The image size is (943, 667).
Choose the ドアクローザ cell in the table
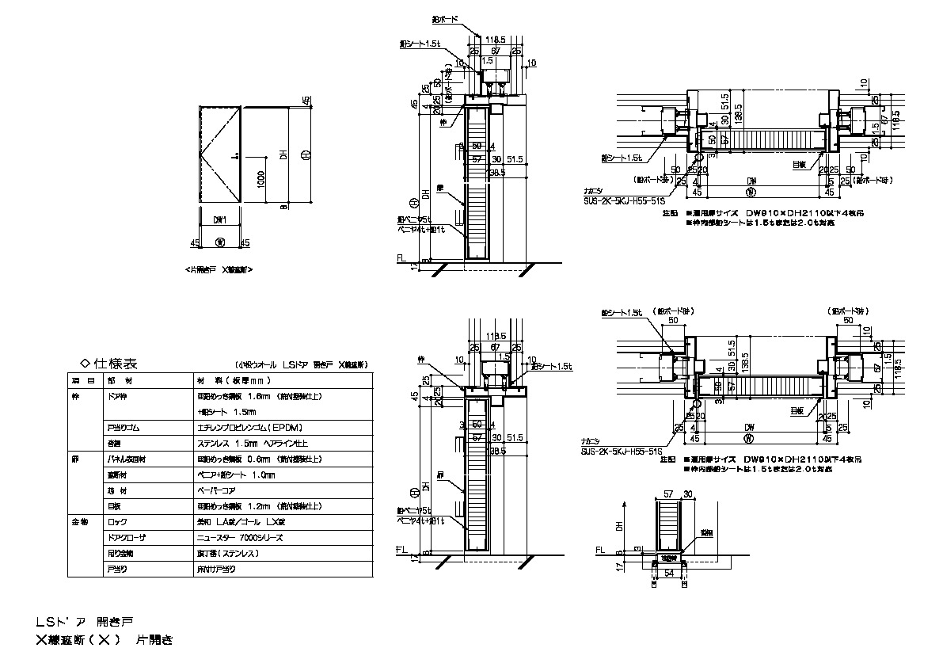123,538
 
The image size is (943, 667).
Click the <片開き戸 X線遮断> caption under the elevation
219,269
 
